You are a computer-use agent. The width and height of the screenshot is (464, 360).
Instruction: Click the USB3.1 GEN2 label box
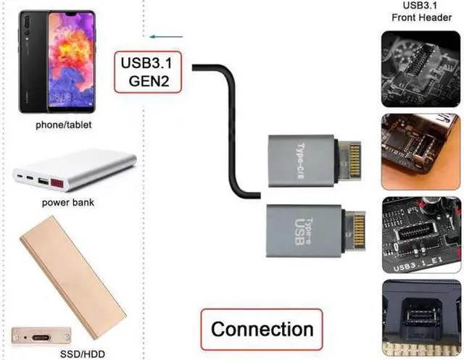click(148, 72)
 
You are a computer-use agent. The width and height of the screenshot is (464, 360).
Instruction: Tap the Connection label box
click(262, 330)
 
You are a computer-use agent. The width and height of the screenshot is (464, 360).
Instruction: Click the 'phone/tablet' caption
click(64, 125)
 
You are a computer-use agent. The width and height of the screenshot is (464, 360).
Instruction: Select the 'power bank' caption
click(68, 203)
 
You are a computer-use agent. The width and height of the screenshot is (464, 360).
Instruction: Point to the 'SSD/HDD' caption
click(83, 353)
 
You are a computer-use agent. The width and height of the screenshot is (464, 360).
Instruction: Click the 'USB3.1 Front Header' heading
click(421, 12)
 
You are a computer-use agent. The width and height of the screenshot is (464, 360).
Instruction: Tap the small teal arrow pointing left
click(166, 37)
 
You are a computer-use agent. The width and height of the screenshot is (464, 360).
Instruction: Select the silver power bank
click(74, 170)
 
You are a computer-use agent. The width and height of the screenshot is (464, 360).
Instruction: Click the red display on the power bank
click(57, 183)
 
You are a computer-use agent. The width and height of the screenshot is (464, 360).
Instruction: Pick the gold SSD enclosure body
click(73, 277)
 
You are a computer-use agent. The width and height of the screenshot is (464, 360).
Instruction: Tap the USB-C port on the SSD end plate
click(41, 338)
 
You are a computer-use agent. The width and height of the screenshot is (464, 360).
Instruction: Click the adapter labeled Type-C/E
click(315, 162)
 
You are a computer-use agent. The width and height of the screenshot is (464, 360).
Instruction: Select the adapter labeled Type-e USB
click(316, 231)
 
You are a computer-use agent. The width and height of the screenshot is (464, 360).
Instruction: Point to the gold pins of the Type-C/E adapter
click(355, 162)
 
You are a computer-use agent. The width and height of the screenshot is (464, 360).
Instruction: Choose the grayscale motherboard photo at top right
click(420, 69)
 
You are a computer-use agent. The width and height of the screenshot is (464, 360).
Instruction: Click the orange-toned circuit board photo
click(420, 151)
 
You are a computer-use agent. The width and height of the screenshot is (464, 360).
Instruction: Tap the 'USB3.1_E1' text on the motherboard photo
click(418, 264)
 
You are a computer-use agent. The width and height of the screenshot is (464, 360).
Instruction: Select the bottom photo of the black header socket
click(421, 318)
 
